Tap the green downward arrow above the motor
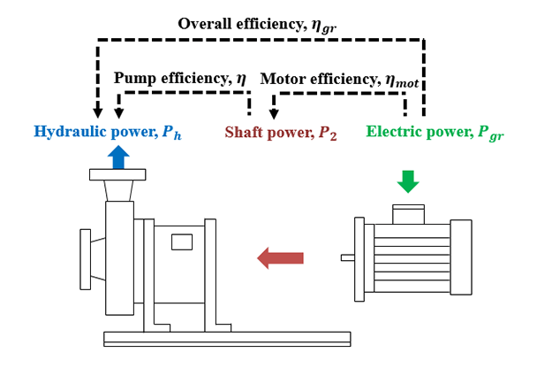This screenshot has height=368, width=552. click(x=407, y=180)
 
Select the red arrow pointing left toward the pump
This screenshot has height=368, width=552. click(x=280, y=258)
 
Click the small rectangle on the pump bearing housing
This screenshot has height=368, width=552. click(x=182, y=241)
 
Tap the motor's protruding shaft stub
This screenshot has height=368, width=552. click(x=348, y=258)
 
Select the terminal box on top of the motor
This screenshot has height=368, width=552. click(x=407, y=213)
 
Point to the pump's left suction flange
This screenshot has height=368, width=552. click(x=85, y=257)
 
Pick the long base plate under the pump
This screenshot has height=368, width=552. click(x=226, y=338)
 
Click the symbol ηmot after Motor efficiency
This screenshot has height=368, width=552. click(x=405, y=80)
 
